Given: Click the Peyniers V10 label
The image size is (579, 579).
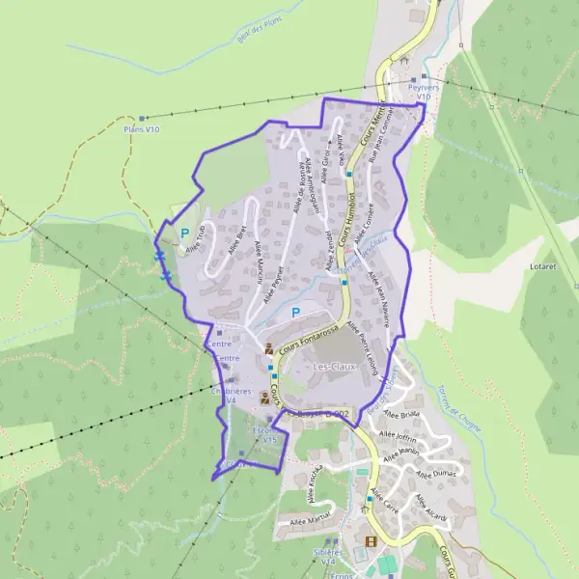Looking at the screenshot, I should [423, 92].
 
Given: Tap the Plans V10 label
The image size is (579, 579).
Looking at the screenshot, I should [142, 128].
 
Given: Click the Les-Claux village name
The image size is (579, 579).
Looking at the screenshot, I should [333, 367].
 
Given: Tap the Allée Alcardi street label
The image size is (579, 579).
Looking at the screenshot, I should [431, 509].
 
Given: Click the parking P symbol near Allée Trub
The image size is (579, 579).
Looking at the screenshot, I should [184, 233].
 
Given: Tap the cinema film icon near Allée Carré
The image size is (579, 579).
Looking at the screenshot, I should [371, 541].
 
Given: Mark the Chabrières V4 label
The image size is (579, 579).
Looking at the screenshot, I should [231, 397].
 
